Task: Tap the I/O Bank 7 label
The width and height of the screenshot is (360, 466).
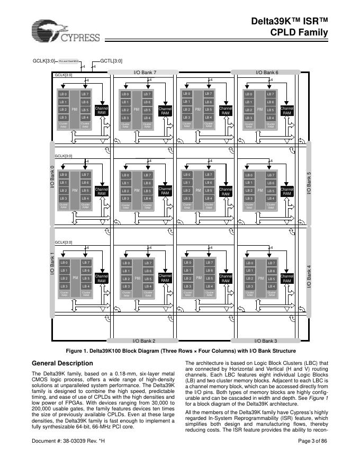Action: (145, 71)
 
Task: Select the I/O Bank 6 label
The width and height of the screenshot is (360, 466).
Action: (267, 71)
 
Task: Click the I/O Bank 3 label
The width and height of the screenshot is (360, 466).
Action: (266, 341)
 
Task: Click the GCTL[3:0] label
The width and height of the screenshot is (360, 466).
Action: (111, 61)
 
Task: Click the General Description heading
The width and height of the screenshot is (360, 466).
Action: (62, 363)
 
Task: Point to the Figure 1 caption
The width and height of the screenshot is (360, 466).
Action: (180, 351)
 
